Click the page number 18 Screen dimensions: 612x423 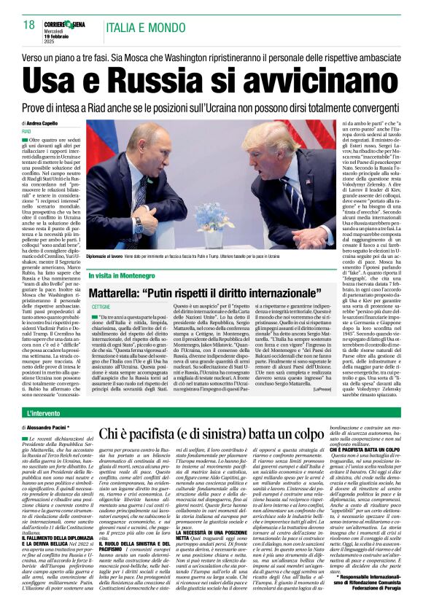(29, 25)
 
